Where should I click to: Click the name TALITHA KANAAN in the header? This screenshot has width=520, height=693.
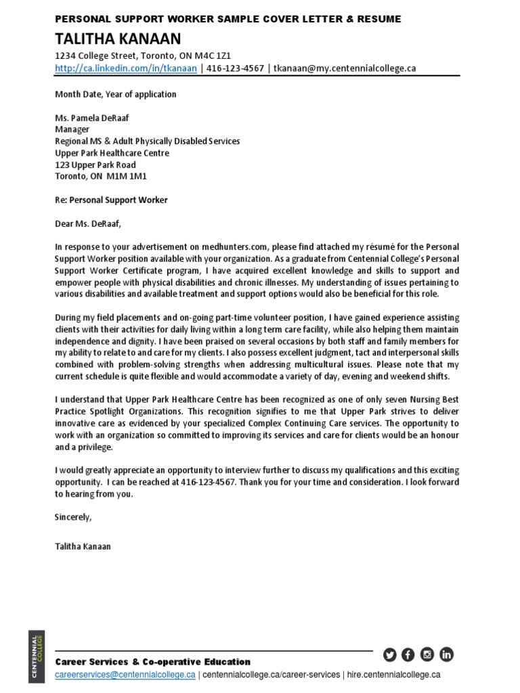118,39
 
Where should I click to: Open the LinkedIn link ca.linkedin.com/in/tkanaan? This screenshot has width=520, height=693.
126,68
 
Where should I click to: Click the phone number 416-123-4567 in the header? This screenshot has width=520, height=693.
235,68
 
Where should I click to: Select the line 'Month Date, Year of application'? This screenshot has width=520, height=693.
115,94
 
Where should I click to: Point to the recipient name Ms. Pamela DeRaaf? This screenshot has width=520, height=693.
91,118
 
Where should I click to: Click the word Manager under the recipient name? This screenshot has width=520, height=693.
72,129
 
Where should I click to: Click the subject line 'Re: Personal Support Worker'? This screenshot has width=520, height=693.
111,200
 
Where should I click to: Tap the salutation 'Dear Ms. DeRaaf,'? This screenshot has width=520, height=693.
90,223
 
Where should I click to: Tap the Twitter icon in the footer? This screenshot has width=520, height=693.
389,654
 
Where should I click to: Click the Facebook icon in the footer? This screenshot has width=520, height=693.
408,654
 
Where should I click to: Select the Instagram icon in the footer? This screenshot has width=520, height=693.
427,654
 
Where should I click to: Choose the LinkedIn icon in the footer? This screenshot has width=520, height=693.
446,654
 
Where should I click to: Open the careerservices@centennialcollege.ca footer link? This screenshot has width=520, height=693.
125,675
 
